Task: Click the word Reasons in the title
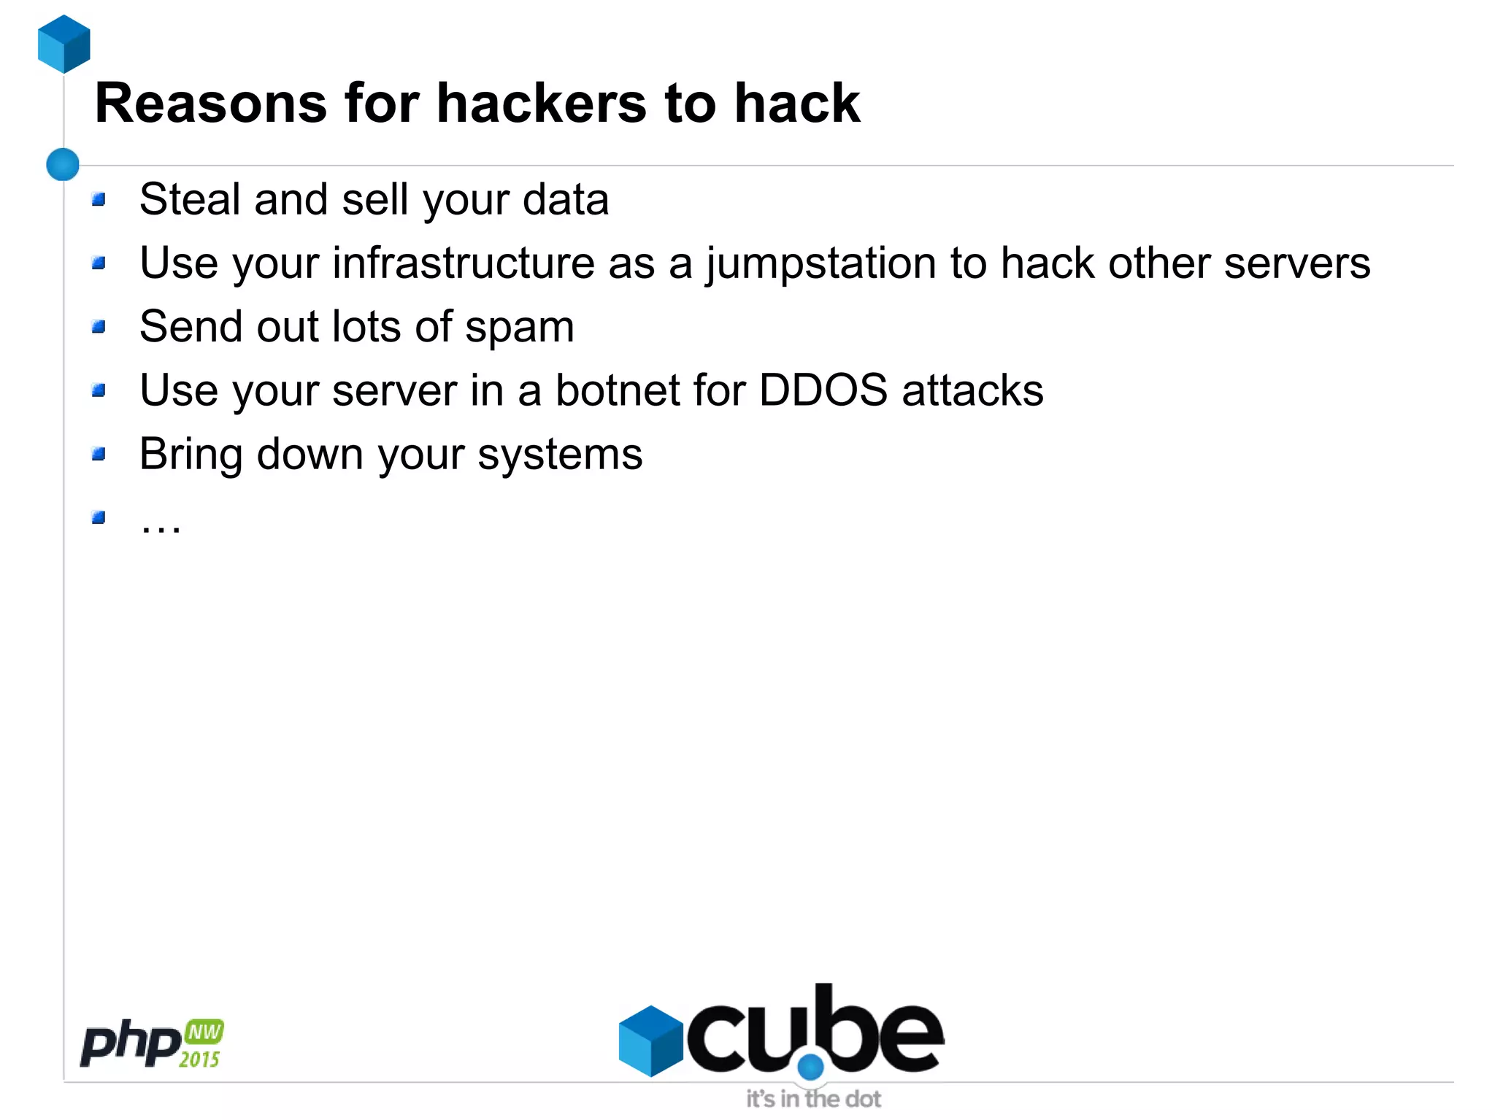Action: (x=210, y=104)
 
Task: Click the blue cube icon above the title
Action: (x=64, y=44)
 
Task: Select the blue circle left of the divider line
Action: (x=63, y=164)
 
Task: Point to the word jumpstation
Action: (x=820, y=264)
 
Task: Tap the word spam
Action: (x=520, y=328)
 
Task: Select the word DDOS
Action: (x=823, y=390)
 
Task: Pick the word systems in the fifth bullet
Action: (x=560, y=455)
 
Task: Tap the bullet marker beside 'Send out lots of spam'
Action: (x=99, y=327)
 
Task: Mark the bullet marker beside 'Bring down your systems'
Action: (x=99, y=455)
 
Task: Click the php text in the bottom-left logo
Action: (x=130, y=1044)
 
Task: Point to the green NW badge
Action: (x=204, y=1032)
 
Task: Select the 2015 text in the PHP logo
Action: (x=199, y=1059)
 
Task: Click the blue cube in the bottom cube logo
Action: (x=650, y=1040)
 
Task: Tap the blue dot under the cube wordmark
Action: (x=810, y=1067)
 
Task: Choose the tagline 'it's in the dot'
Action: (x=813, y=1099)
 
